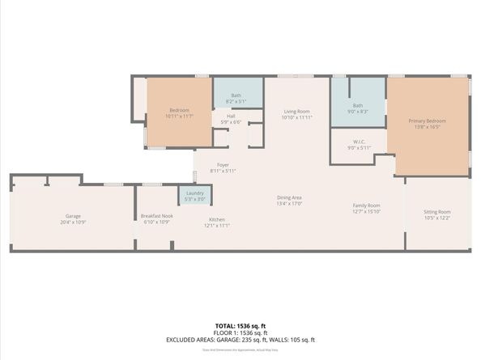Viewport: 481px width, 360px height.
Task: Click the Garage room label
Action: tap(73, 216)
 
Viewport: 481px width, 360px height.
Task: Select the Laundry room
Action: tap(194, 193)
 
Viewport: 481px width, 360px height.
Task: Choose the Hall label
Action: tap(231, 116)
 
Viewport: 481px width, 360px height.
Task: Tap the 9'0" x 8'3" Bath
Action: tap(357, 106)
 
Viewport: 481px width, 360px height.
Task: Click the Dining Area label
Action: tap(290, 197)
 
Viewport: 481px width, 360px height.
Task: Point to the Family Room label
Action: tap(366, 205)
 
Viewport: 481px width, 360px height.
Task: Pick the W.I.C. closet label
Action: tap(357, 143)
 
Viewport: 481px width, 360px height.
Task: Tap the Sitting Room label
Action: tap(437, 213)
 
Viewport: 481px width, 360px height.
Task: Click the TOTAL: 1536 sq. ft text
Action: tap(240, 323)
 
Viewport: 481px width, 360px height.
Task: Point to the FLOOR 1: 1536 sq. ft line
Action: tap(240, 332)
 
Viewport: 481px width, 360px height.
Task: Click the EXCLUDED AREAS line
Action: tap(240, 340)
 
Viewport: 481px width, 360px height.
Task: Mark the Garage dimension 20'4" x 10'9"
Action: tap(73, 221)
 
